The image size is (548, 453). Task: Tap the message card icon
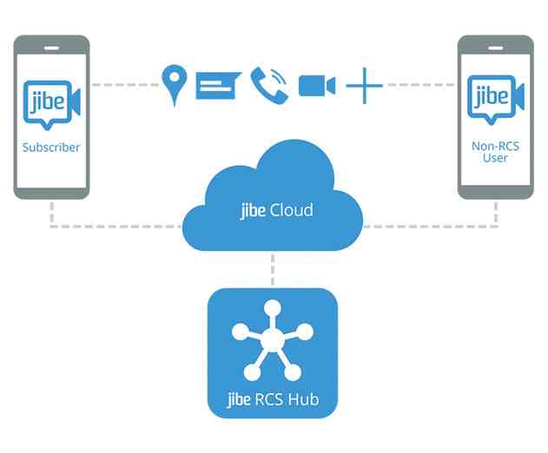pos(217,85)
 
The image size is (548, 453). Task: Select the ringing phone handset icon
pos(269,83)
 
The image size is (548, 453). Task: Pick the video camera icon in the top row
pos(317,85)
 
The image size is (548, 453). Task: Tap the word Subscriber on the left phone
pos(51,148)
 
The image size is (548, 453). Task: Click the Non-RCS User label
pos(495,153)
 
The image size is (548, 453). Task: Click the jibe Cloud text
pos(276,210)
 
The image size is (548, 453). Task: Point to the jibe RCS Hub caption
pos(272,402)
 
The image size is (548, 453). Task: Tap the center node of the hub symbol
pos(272,339)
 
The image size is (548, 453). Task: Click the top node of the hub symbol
pos(272,305)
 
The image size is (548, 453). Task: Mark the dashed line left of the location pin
pos(125,85)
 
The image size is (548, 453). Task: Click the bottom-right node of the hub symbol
pos(293,373)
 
